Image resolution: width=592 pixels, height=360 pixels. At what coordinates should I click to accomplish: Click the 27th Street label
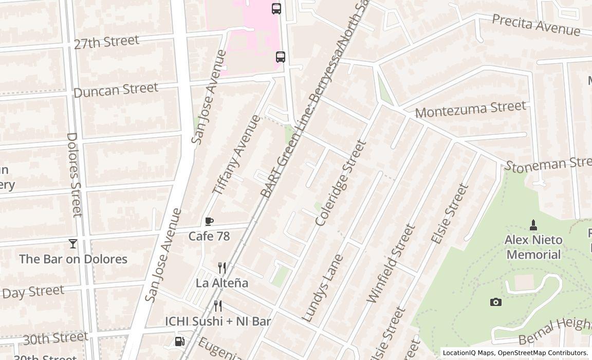click(106, 42)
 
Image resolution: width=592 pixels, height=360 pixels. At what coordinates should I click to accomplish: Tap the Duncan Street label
click(116, 90)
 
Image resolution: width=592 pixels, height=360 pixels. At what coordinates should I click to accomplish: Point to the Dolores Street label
click(75, 174)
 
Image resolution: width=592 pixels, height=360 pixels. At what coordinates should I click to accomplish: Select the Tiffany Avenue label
click(236, 154)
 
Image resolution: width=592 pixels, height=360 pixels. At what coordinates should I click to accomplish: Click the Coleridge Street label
click(341, 183)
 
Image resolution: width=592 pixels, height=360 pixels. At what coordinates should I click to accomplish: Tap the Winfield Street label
click(391, 263)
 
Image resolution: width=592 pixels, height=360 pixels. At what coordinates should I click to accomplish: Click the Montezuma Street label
click(471, 109)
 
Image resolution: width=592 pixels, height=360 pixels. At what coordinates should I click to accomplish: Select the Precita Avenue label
click(536, 25)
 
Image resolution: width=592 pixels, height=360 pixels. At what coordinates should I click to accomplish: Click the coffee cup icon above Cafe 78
click(209, 222)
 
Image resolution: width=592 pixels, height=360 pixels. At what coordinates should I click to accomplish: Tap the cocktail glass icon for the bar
click(73, 243)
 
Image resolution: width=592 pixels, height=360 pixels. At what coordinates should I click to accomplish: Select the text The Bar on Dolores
click(73, 259)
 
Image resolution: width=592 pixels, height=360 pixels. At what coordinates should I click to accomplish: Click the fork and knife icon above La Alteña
click(222, 268)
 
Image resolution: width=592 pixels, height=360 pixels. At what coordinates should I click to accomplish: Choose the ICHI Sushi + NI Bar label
click(218, 321)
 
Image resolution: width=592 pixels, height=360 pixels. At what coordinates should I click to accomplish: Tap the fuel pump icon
click(180, 341)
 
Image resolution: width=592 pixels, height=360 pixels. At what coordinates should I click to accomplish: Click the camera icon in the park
click(495, 302)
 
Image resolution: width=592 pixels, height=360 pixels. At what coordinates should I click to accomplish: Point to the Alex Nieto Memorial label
click(533, 247)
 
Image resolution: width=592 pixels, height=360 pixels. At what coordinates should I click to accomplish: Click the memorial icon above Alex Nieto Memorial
click(533, 225)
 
